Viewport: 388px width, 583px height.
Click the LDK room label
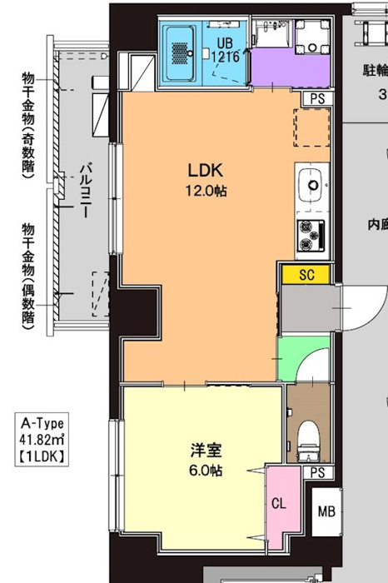tap(202, 171)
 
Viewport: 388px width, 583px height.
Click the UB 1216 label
tap(226, 50)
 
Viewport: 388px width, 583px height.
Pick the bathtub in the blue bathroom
tap(181, 51)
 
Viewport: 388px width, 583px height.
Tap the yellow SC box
tap(305, 274)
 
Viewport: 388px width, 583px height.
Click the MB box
tap(325, 511)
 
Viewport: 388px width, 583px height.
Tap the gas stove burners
tap(311, 234)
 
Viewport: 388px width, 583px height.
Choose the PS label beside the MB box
tap(316, 472)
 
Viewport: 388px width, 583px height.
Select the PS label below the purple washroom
tap(316, 97)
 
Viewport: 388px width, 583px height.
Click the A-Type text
tap(41, 423)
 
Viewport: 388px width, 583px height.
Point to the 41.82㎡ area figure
tap(41, 439)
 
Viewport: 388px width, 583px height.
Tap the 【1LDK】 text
tap(41, 456)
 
